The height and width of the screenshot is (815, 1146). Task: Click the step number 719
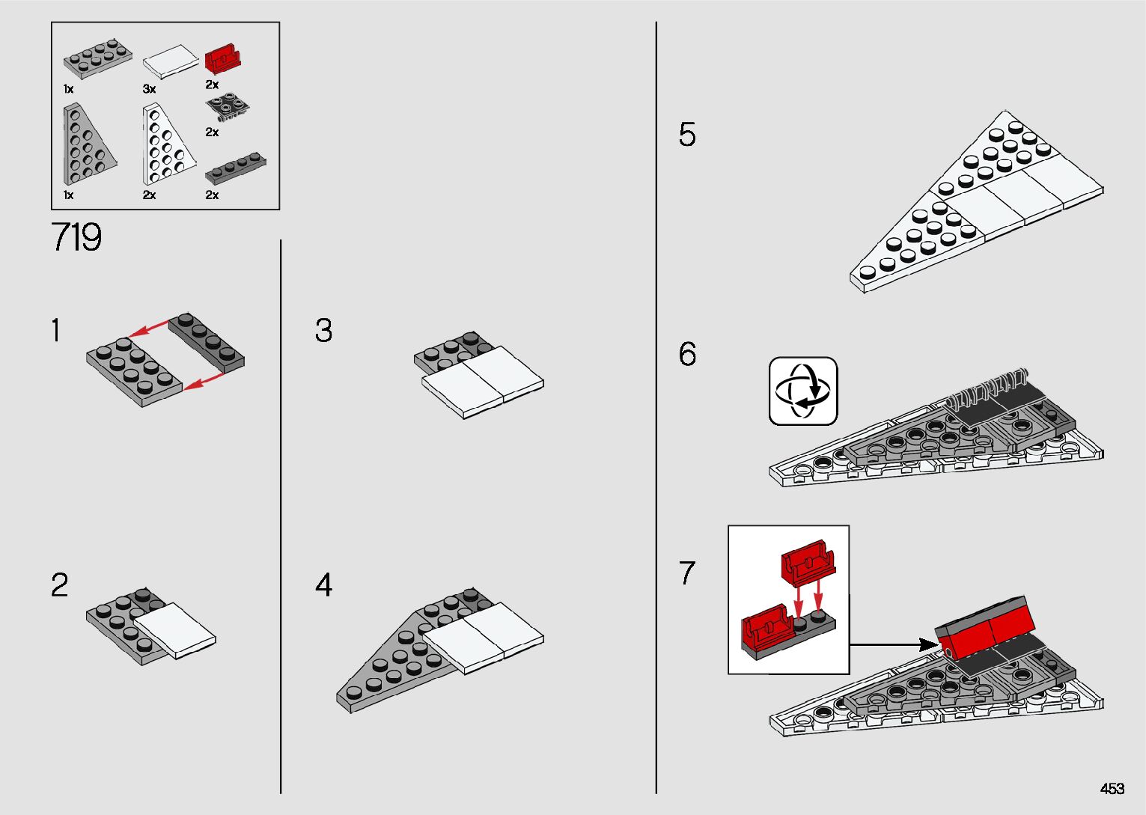[x=76, y=238]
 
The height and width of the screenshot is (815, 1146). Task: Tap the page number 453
[x=1112, y=789]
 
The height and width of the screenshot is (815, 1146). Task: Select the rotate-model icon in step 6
[x=803, y=391]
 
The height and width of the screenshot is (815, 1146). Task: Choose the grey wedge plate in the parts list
[x=85, y=145]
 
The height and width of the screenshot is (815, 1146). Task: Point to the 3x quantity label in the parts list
[x=149, y=89]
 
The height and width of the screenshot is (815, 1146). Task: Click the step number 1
[x=55, y=331]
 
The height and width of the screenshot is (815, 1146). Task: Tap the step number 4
[x=323, y=584]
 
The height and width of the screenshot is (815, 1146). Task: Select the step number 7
[x=687, y=573]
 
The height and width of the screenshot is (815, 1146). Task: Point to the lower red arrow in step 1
[x=204, y=382]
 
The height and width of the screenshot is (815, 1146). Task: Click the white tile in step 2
[x=175, y=630]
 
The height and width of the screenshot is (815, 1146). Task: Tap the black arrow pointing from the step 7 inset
[x=894, y=644]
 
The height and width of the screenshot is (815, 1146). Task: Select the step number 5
[x=687, y=135]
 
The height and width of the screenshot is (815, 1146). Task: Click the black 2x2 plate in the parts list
[x=228, y=107]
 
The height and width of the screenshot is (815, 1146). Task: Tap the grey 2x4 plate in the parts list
[x=98, y=57]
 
